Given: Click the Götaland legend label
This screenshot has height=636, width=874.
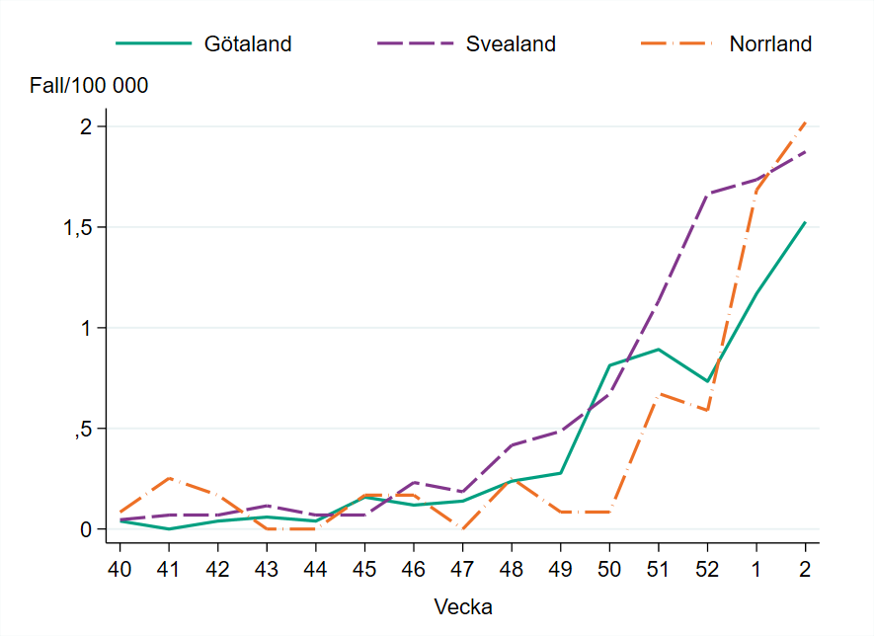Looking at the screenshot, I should [248, 44].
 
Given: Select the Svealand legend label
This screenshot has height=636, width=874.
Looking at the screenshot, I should [511, 44].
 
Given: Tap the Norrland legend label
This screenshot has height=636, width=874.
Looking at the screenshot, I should [770, 44].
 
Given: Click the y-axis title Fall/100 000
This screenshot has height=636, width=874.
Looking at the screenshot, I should [90, 86].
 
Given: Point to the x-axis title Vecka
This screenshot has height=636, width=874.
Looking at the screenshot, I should [463, 606].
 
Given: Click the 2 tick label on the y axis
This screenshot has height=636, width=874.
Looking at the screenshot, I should [86, 126].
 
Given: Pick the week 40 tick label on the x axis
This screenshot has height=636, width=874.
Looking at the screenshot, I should [119, 570].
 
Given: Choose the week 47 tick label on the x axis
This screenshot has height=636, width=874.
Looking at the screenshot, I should [462, 570].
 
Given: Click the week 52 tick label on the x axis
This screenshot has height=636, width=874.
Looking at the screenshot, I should [707, 570].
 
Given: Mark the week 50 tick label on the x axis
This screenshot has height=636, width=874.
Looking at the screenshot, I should [609, 570].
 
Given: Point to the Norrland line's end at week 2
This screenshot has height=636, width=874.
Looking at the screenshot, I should [806, 121].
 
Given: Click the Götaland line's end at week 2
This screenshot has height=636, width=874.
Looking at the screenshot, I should [806, 222].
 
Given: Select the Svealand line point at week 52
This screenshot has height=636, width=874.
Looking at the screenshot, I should [707, 195].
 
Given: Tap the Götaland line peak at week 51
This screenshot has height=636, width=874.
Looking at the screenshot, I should [659, 350].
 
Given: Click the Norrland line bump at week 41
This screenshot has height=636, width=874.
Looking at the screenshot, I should [169, 478].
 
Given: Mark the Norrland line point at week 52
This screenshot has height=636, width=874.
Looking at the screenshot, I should [707, 410].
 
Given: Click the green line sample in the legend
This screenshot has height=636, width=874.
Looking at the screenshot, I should [153, 44].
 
